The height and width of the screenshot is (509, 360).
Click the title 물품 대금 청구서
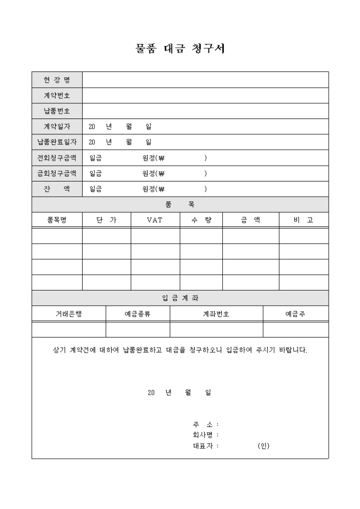coord(180,49)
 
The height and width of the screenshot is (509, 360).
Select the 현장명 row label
coord(57,80)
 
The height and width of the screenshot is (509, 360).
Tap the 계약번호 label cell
coord(57,96)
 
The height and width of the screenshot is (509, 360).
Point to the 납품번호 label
coord(57,111)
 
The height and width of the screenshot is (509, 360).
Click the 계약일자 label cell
coord(57,127)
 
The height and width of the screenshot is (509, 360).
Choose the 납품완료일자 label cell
coord(57,142)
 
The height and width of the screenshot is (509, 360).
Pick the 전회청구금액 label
coord(57,158)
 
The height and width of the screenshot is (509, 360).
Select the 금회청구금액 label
coord(57,174)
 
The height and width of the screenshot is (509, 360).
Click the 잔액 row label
coord(57,189)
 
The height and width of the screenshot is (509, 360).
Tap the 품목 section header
coord(180,205)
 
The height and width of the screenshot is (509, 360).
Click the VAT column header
coord(155,220)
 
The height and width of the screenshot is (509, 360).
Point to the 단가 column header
coord(106,220)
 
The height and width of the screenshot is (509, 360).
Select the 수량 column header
coord(201,220)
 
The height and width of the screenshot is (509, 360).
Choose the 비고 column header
coord(303,220)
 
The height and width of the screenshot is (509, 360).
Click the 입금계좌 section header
coord(180,298)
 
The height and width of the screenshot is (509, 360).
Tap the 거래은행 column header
coord(69,314)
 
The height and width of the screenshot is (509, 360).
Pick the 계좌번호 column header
coord(216,314)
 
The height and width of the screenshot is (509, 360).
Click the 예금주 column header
coord(295,314)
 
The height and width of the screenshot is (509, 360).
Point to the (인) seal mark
coord(264,446)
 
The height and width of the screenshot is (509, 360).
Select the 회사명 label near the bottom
coord(203,435)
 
